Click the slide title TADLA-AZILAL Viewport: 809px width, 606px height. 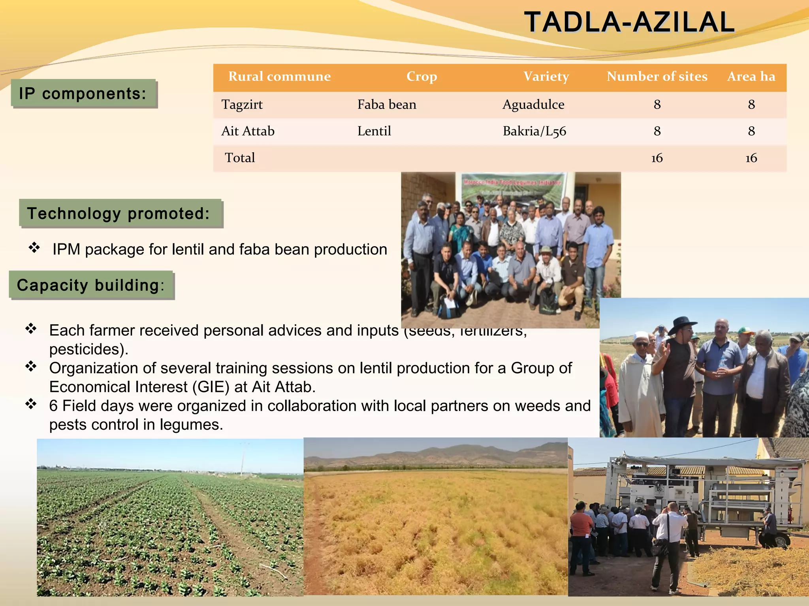pyautogui.click(x=629, y=22)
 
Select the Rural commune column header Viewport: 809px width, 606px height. pyautogui.click(x=279, y=77)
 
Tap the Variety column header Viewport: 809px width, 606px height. pyautogui.click(x=546, y=77)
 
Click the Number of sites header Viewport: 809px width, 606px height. pyautogui.click(x=657, y=77)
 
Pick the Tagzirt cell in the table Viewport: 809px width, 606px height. pyautogui.click(x=242, y=105)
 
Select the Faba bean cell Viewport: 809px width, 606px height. pyautogui.click(x=386, y=105)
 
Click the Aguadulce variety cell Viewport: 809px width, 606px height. pyautogui.click(x=533, y=105)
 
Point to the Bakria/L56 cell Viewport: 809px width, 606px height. pyautogui.click(x=534, y=131)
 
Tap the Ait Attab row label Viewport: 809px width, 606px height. pyautogui.click(x=248, y=131)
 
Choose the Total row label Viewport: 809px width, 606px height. pyautogui.click(x=239, y=158)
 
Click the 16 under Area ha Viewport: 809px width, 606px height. pyautogui.click(x=751, y=158)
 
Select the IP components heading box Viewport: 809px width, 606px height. pyautogui.click(x=83, y=94)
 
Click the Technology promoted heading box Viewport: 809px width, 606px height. pyautogui.click(x=120, y=213)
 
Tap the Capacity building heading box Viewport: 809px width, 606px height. pyautogui.click(x=91, y=285)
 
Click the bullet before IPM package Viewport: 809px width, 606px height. pyautogui.click(x=34, y=248)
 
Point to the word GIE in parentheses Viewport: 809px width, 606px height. pyautogui.click(x=211, y=387)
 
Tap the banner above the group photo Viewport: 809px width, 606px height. pyautogui.click(x=512, y=189)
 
